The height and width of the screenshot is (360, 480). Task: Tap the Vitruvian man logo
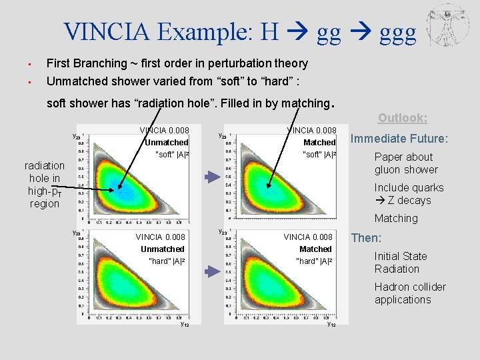click(x=447, y=25)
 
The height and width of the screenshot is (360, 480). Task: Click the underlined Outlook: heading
click(x=403, y=118)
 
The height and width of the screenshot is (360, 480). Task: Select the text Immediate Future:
click(x=400, y=139)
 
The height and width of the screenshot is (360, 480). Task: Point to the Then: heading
click(x=366, y=238)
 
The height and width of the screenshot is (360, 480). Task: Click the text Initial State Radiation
click(x=401, y=263)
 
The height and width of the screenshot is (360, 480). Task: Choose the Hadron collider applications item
click(x=410, y=293)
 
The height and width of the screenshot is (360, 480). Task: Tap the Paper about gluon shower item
click(x=405, y=163)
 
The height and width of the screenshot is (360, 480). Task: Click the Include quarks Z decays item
click(x=409, y=194)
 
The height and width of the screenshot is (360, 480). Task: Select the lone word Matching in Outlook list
click(x=396, y=219)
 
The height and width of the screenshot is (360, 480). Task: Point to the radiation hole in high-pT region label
click(x=45, y=185)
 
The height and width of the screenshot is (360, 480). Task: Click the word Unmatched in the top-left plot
click(x=167, y=143)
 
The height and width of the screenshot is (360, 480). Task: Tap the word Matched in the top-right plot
click(x=319, y=143)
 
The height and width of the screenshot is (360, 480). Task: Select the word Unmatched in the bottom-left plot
click(x=163, y=249)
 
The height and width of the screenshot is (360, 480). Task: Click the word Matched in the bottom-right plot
click(x=315, y=249)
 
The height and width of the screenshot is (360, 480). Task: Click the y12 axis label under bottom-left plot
click(x=185, y=325)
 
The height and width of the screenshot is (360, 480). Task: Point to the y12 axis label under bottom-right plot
click(x=332, y=325)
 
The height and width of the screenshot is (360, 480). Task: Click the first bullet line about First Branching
click(x=177, y=64)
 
